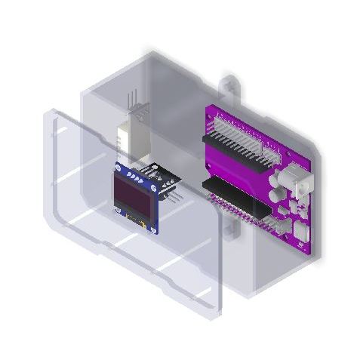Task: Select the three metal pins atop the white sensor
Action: (x=135, y=101)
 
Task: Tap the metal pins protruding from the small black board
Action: (x=174, y=195)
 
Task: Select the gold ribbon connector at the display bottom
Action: (x=136, y=221)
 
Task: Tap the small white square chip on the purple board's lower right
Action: (x=300, y=229)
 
